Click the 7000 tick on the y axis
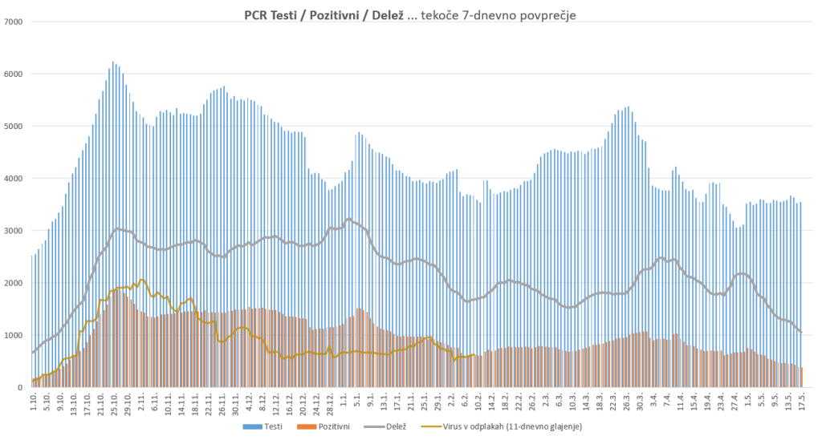click(x=14, y=22)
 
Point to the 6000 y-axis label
click(x=14, y=74)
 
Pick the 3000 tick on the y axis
click(x=14, y=231)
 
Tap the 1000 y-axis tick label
click(x=14, y=335)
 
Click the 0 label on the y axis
click(x=22, y=388)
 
